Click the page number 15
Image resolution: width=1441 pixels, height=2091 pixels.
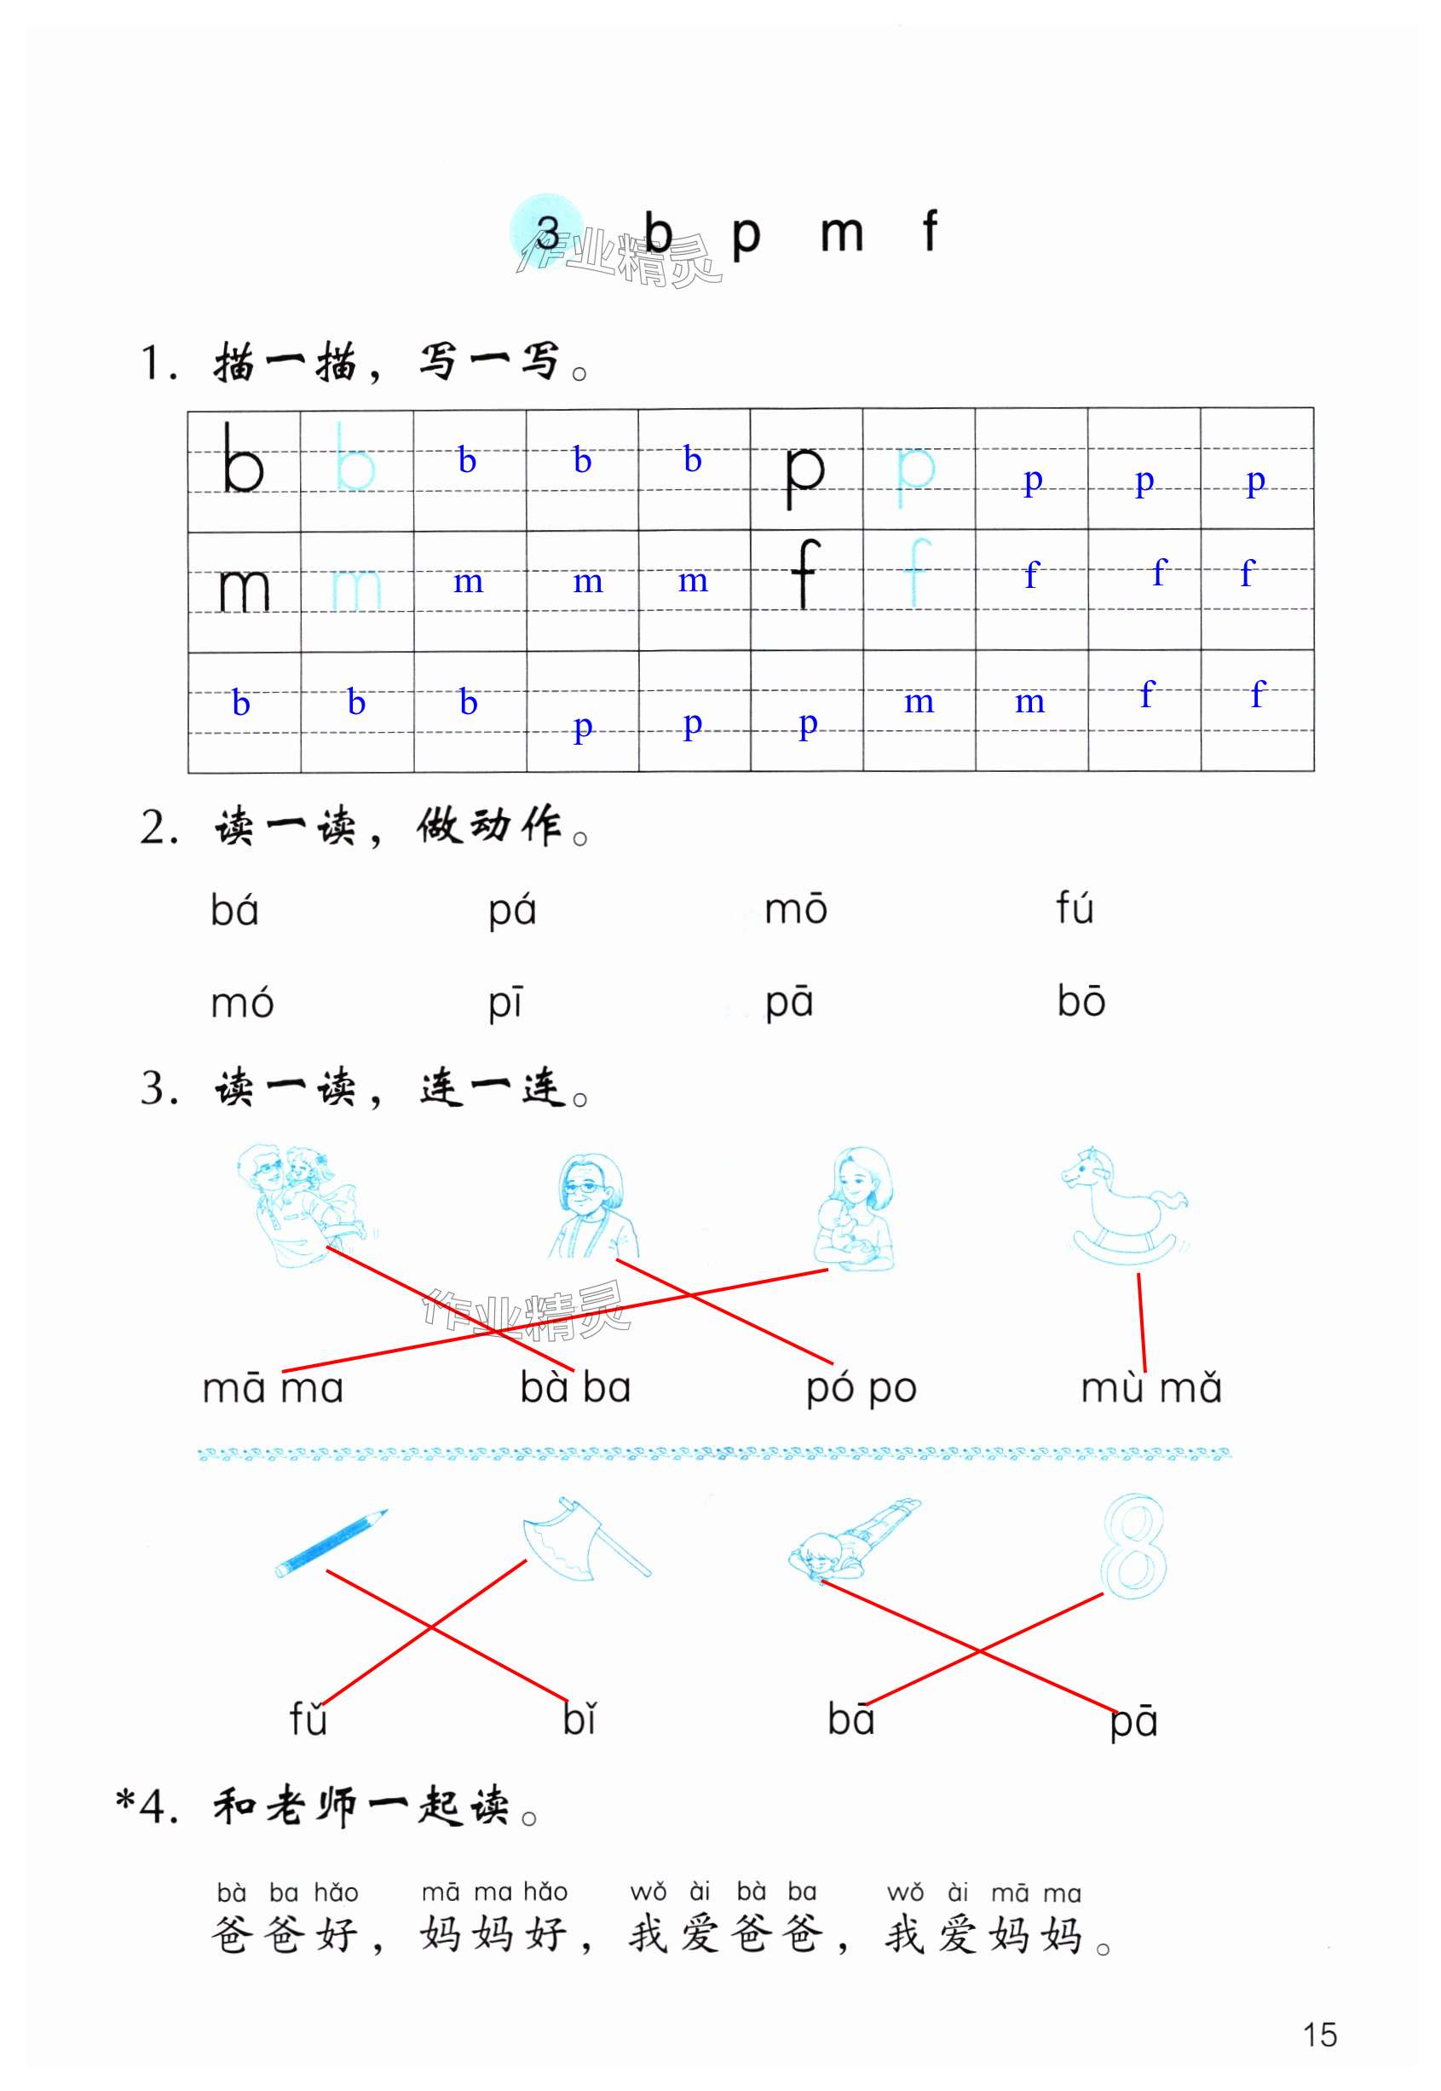(1319, 2035)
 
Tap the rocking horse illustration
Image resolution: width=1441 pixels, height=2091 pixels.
(1123, 1206)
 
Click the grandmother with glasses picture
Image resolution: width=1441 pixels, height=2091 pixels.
(592, 1207)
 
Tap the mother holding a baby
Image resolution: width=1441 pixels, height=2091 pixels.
(855, 1210)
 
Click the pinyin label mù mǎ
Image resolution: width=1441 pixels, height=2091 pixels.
(1150, 1389)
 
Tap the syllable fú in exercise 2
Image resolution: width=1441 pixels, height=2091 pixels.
(1075, 907)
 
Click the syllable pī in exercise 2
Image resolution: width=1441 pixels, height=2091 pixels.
(505, 1003)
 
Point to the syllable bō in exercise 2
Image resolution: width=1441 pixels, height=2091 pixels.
(1081, 1001)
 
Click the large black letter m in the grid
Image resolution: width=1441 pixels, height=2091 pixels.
(244, 590)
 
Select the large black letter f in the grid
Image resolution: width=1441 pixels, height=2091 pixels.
(804, 573)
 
